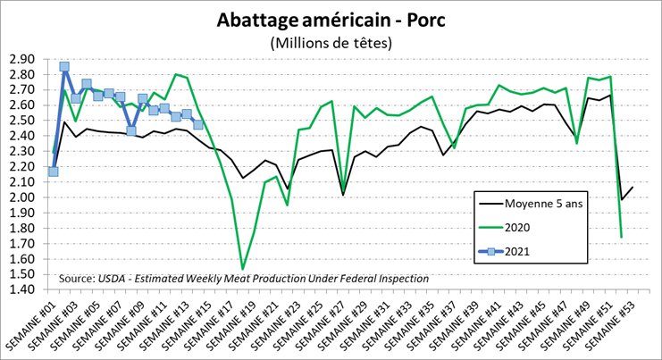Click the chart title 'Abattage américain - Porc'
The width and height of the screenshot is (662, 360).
tap(331, 21)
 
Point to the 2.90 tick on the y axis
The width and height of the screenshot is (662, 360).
tap(21, 59)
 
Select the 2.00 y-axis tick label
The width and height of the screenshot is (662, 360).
tap(21, 197)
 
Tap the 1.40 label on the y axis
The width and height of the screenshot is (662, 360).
tap(21, 289)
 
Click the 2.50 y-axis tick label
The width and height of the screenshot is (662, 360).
tap(21, 121)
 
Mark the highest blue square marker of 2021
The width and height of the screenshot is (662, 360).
tap(64, 66)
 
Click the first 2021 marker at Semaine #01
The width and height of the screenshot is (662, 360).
tap(54, 172)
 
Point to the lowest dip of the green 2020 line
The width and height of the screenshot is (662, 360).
tap(242, 269)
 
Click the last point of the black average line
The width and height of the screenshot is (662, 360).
tap(632, 187)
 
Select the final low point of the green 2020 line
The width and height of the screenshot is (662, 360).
tap(621, 238)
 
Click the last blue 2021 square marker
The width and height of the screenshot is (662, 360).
tap(197, 125)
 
